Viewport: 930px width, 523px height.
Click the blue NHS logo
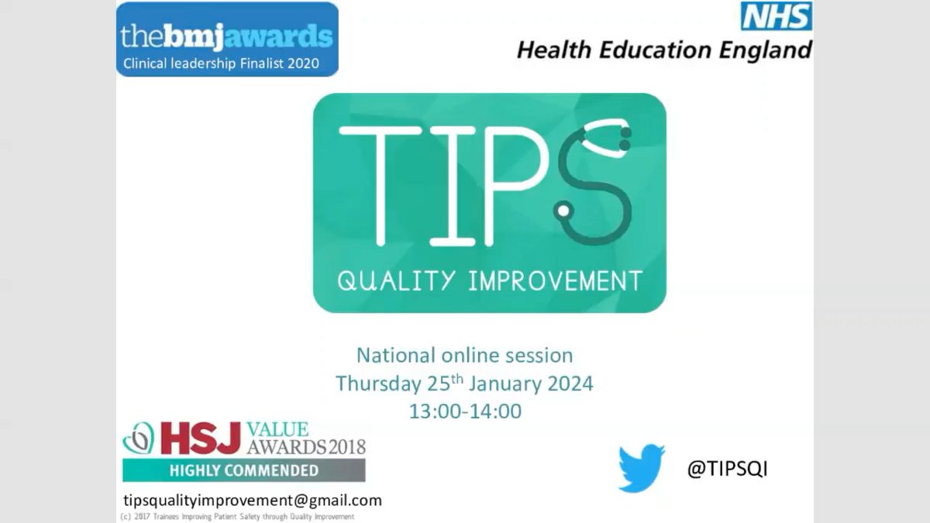coord(777,16)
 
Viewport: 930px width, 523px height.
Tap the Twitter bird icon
coord(642,468)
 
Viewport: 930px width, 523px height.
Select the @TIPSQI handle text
coord(728,469)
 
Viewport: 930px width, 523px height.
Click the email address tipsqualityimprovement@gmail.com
coord(253,501)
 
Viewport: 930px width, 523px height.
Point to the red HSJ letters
coord(201,438)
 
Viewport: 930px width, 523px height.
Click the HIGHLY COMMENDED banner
coord(243,470)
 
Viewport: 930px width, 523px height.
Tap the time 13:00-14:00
coord(466,411)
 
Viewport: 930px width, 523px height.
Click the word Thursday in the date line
coord(379,384)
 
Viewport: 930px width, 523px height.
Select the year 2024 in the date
coord(570,384)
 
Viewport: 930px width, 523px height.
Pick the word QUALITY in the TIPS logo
coord(397,280)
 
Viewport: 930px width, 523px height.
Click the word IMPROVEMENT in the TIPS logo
coord(556,281)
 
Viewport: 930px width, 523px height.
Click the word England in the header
coord(765,50)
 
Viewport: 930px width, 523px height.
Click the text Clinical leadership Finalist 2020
coord(222,64)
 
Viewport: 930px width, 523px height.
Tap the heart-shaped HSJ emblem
coord(138,439)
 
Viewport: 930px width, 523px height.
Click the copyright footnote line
coord(237,517)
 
